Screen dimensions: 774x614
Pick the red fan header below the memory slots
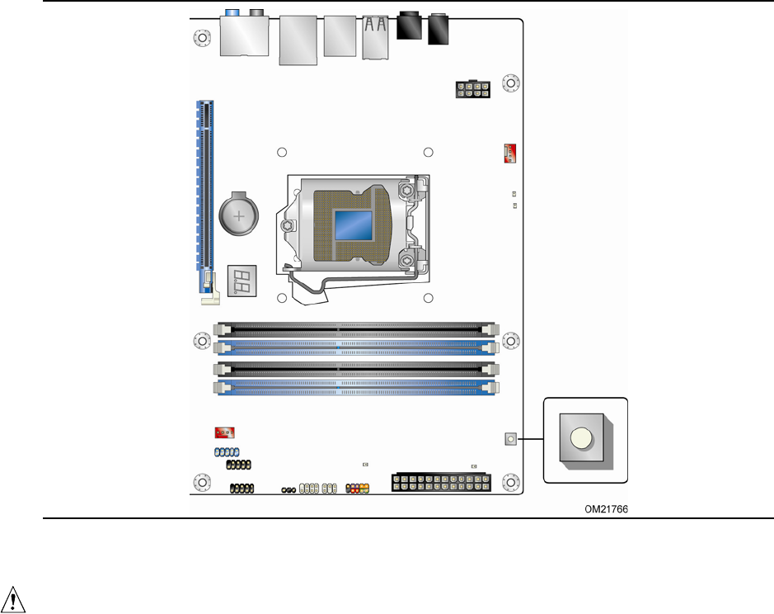223,432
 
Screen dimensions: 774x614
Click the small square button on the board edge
511,439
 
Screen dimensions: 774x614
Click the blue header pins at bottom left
226,452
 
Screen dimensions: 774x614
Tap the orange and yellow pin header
358,489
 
